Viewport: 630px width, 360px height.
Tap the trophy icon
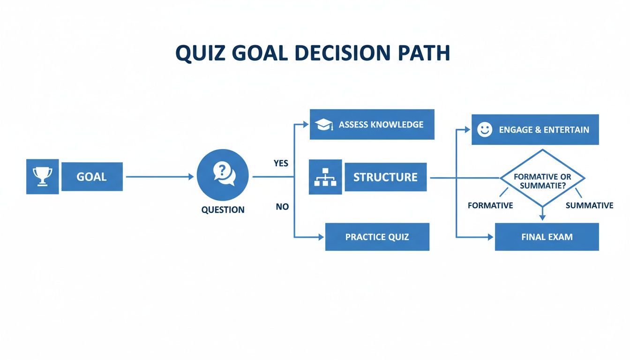click(42, 177)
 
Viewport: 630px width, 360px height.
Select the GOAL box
click(92, 177)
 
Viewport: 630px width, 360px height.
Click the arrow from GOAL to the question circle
click(159, 177)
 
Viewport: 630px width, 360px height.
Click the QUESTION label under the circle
click(223, 210)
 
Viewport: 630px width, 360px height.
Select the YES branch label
click(281, 164)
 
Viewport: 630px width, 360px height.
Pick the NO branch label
click(282, 206)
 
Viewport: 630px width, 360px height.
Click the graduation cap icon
click(324, 125)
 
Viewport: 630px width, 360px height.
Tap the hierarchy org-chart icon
click(325, 177)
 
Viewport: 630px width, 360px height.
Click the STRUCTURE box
click(385, 177)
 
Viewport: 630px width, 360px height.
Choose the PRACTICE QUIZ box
click(377, 237)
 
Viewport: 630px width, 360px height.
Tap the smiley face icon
click(485, 130)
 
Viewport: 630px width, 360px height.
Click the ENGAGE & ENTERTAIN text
click(544, 130)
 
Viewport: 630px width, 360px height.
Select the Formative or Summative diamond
click(542, 179)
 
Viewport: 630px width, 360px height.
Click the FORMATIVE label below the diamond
click(490, 205)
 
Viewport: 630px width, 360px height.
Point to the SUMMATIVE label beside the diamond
click(589, 205)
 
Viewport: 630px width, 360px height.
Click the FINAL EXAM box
click(547, 237)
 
